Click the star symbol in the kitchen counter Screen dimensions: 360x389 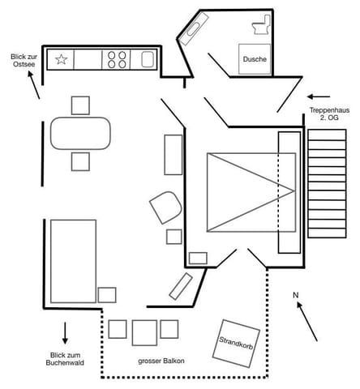pyautogui.click(x=62, y=59)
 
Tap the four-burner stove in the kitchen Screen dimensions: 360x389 pyautogui.click(x=117, y=60)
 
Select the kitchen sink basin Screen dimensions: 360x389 pyautogui.click(x=148, y=59)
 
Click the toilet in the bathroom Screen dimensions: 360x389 pyautogui.click(x=261, y=24)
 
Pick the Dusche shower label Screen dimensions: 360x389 pyautogui.click(x=255, y=59)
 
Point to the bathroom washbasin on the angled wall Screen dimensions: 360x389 pyautogui.click(x=194, y=29)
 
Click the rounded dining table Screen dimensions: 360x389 pyautogui.click(x=80, y=133)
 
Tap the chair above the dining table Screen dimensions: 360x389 pyautogui.click(x=80, y=105)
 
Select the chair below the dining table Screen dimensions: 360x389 pyautogui.click(x=80, y=161)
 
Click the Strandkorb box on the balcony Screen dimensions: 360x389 pyautogui.click(x=236, y=344)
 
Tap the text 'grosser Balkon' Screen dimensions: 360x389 pyautogui.click(x=161, y=361)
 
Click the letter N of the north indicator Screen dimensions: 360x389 pyautogui.click(x=296, y=295)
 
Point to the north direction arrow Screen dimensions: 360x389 pyautogui.click(x=307, y=322)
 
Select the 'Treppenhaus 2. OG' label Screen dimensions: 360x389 pyautogui.click(x=329, y=113)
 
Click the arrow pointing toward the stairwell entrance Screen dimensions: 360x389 pyautogui.click(x=319, y=96)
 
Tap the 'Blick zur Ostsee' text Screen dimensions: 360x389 pyautogui.click(x=24, y=61)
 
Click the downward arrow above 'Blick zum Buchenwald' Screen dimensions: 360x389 pyautogui.click(x=65, y=333)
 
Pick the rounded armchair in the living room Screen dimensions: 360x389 pyautogui.click(x=165, y=207)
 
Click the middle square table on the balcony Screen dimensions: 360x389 pyautogui.click(x=144, y=333)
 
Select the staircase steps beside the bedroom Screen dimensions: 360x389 pyautogui.click(x=327, y=184)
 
